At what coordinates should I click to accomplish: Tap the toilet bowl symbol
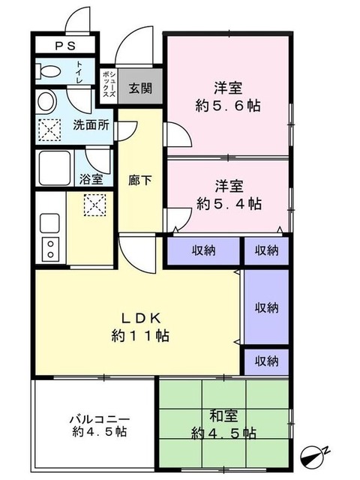(x=49, y=73)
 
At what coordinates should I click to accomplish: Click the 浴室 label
(x=92, y=179)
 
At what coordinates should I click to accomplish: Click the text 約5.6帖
(x=228, y=106)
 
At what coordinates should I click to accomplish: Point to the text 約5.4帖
(x=228, y=202)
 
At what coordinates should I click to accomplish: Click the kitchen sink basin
(x=50, y=222)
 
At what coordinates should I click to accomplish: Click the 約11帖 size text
(x=139, y=335)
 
